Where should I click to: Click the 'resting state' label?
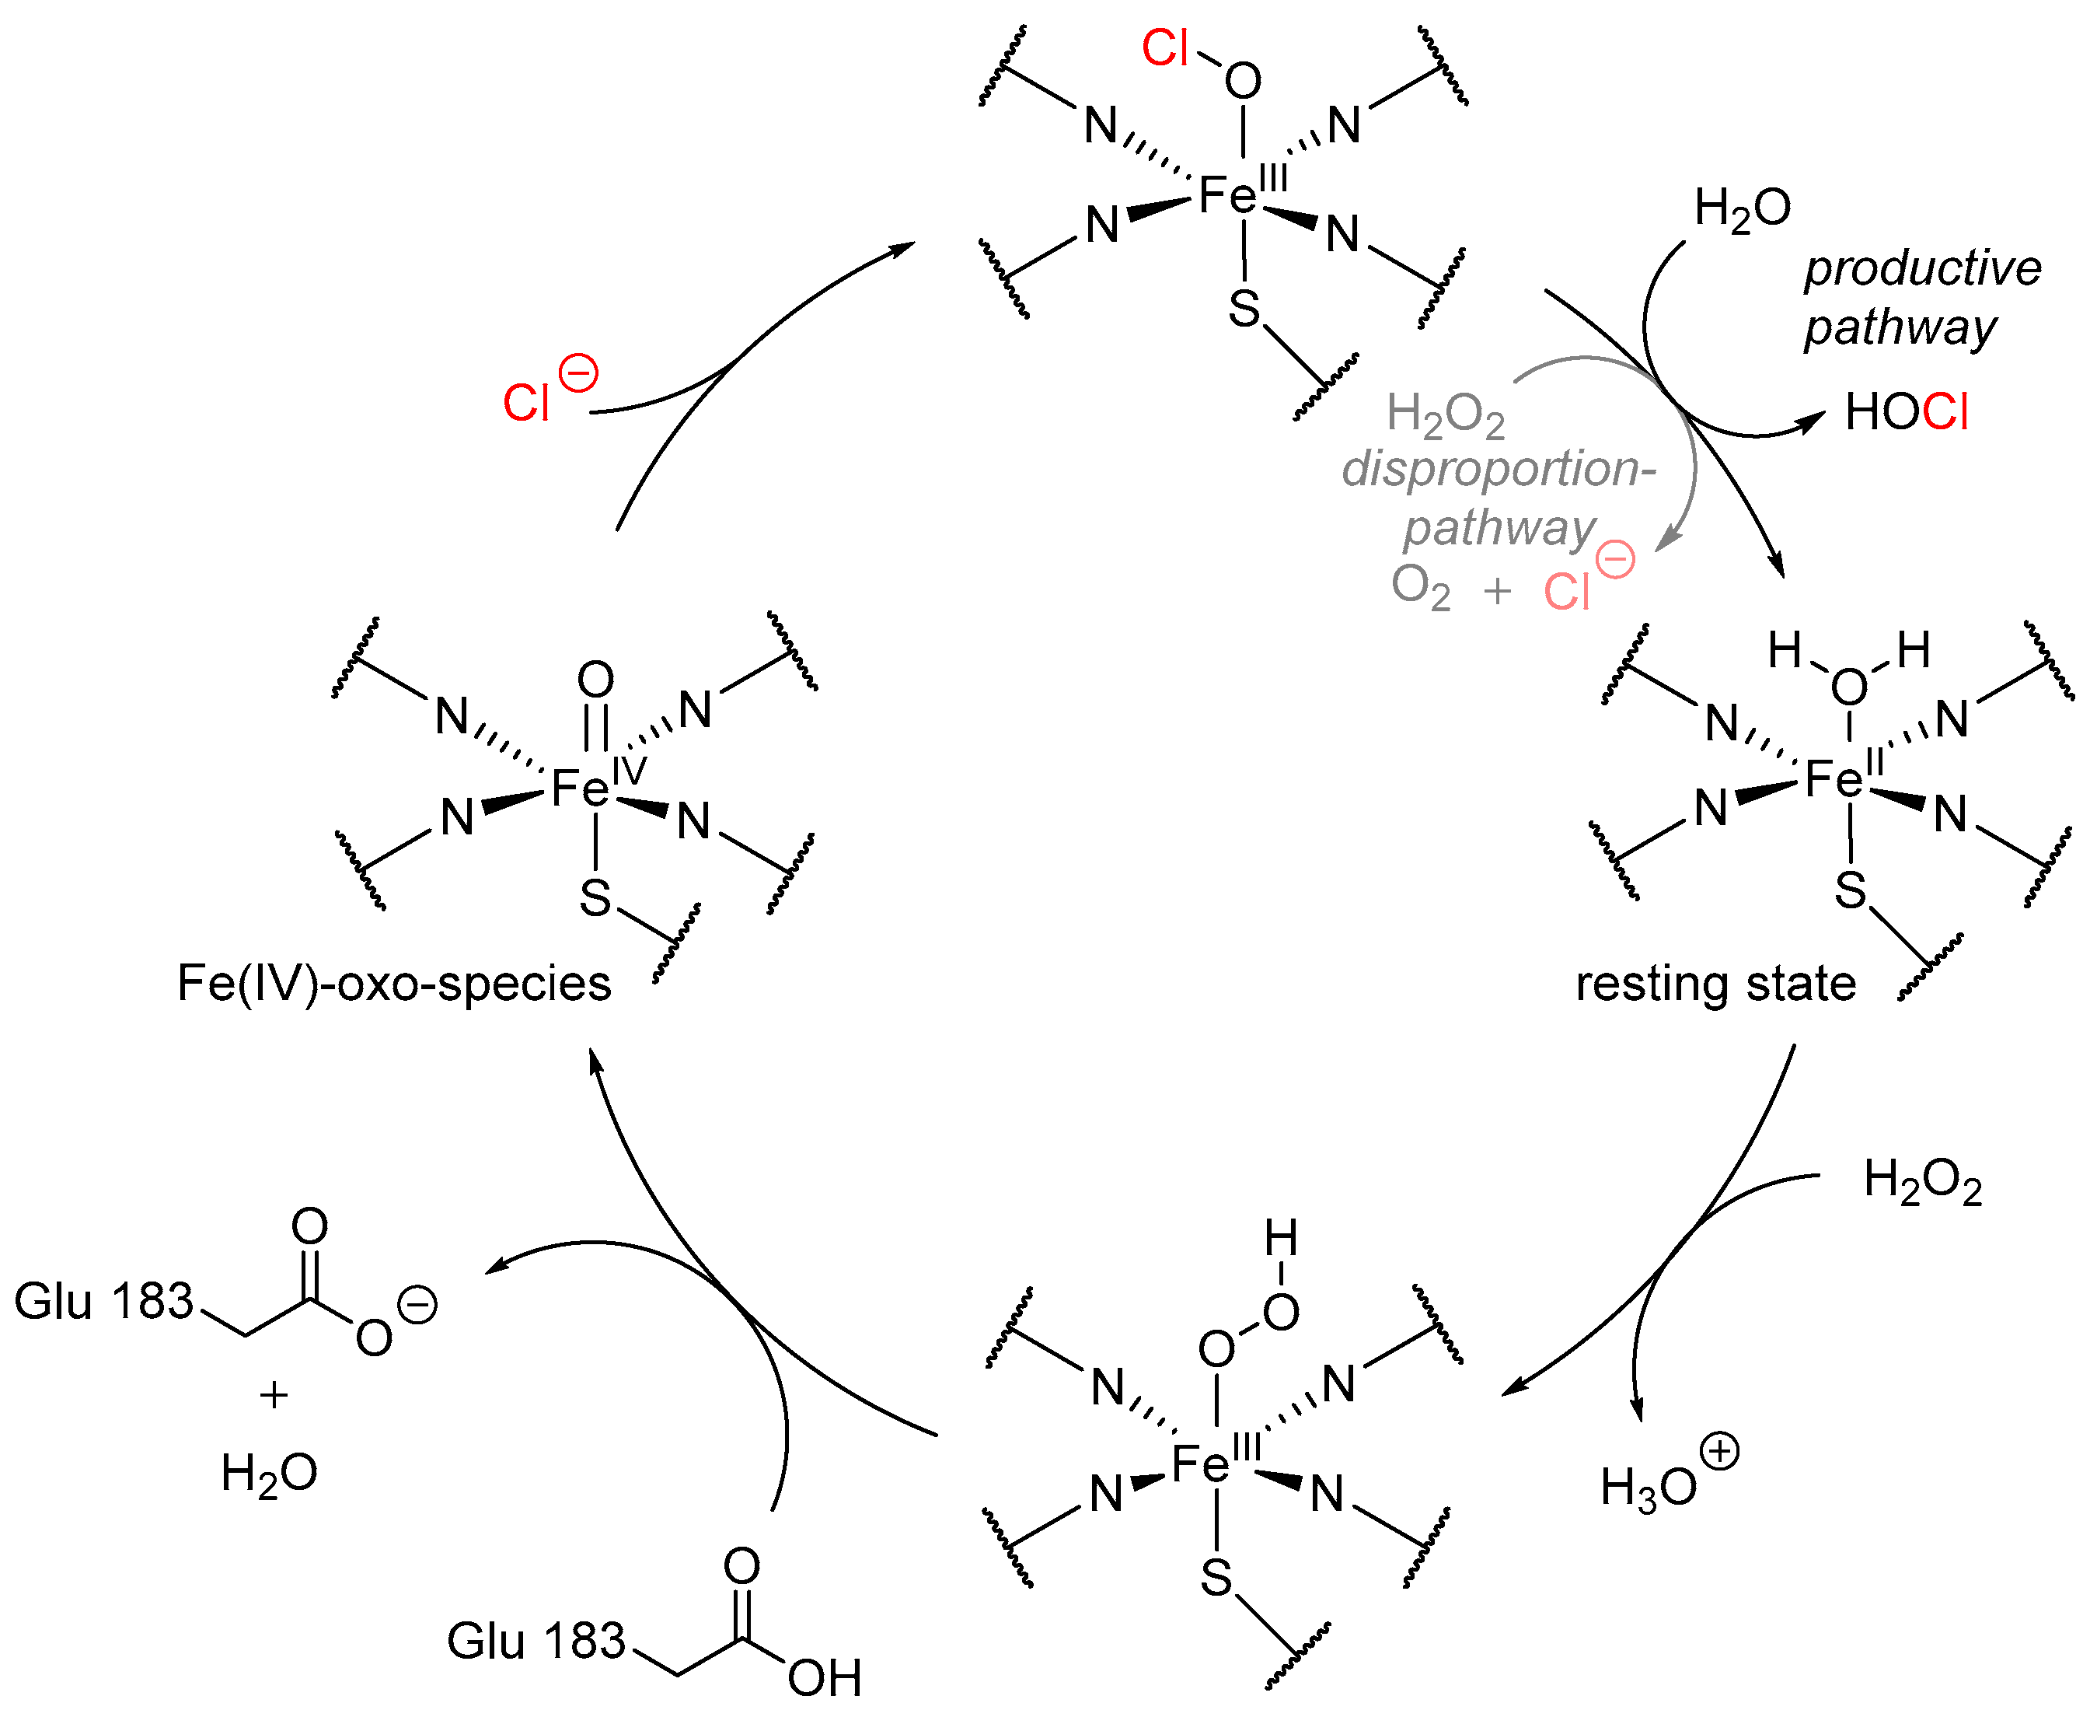pos(1715,984)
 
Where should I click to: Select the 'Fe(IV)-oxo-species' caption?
pos(393,984)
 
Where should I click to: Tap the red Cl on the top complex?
pos(1164,47)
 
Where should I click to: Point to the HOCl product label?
pos(1905,412)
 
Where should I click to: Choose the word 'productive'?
pos(1922,268)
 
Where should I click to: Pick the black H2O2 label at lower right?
pos(1922,1182)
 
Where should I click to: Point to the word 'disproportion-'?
pos(1498,469)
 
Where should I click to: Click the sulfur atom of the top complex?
pos(1244,309)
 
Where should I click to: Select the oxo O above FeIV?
pos(595,680)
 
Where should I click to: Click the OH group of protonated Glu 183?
pos(825,1677)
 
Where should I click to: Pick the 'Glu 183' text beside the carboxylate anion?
pos(104,1302)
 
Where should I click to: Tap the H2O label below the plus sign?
pos(269,1474)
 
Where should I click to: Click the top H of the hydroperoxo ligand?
pos(1280,1238)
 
